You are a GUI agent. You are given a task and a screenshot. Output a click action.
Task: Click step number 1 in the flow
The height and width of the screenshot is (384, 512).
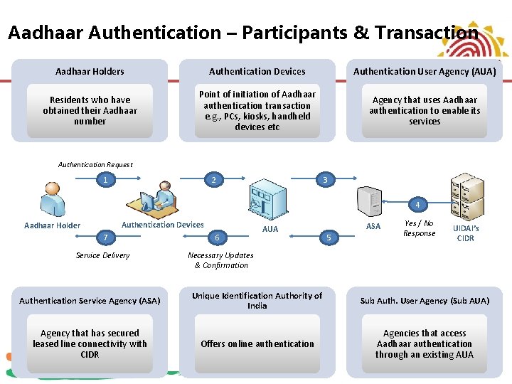[x=105, y=180]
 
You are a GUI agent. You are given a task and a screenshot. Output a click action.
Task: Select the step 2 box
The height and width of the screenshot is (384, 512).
[x=213, y=180]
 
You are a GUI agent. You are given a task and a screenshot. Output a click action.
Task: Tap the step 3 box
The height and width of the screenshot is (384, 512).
[x=325, y=180]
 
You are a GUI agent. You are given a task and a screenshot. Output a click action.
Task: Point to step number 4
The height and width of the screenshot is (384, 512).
[x=417, y=205]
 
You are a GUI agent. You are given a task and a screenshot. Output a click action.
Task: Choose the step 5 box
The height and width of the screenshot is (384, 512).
[x=328, y=238]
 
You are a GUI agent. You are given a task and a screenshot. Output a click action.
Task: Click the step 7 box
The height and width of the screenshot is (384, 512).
[x=105, y=236]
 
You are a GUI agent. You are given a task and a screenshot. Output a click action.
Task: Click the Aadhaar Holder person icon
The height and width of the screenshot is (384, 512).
[x=52, y=200]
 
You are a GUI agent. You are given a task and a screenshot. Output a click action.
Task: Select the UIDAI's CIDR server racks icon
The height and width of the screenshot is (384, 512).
[x=466, y=198]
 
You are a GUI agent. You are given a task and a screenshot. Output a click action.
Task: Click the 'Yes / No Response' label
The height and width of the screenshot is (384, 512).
[x=419, y=228]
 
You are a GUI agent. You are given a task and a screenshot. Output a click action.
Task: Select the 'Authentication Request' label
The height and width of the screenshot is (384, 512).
[x=95, y=164]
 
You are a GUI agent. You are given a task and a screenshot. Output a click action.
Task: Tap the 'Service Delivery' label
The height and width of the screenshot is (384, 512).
[x=103, y=255]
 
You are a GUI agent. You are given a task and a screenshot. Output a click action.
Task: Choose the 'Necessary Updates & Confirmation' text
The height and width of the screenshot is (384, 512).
[x=221, y=260]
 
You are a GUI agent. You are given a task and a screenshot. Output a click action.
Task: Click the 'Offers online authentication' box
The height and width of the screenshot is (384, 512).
[x=257, y=343]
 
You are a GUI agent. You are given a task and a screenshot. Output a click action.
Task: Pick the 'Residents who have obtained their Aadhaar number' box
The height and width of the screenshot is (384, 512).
[x=90, y=111]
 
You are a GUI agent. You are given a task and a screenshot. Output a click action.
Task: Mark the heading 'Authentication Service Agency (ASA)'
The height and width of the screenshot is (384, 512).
[x=90, y=301]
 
